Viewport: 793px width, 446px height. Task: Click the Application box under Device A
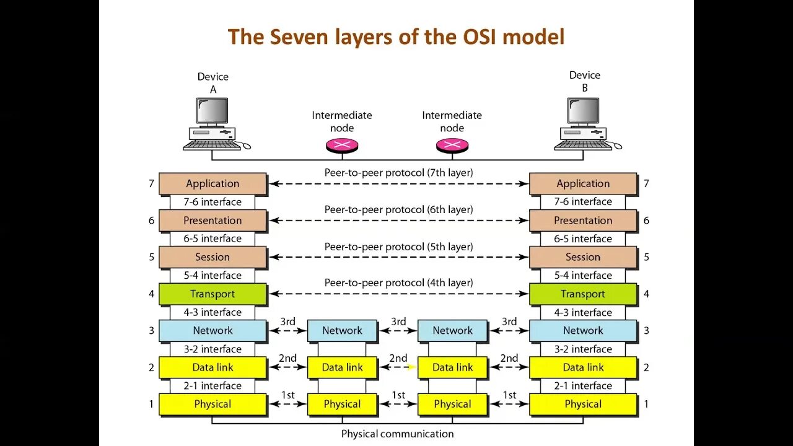click(212, 183)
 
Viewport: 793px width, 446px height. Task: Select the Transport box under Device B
click(582, 294)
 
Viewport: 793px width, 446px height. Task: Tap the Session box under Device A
click(212, 257)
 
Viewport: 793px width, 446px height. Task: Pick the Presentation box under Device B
click(582, 221)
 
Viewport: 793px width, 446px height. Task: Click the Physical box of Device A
click(212, 404)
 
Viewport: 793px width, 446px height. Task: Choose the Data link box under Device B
click(582, 367)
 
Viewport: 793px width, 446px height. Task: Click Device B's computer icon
click(585, 124)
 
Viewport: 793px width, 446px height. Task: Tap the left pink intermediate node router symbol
click(342, 146)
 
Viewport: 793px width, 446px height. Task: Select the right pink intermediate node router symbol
click(452, 146)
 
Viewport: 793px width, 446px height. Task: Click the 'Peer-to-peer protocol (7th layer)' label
click(398, 173)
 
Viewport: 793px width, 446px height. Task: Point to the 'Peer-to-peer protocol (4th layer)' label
click(398, 283)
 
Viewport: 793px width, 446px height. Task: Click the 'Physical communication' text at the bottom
click(397, 434)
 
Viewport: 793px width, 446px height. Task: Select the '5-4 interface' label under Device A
click(212, 275)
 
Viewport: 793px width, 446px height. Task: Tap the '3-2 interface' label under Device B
click(582, 349)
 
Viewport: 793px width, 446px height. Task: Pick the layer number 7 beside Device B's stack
click(646, 183)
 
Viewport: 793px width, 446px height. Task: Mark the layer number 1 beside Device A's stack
click(151, 404)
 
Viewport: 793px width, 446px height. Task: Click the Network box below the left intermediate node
click(342, 330)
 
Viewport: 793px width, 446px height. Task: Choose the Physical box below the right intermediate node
click(452, 404)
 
